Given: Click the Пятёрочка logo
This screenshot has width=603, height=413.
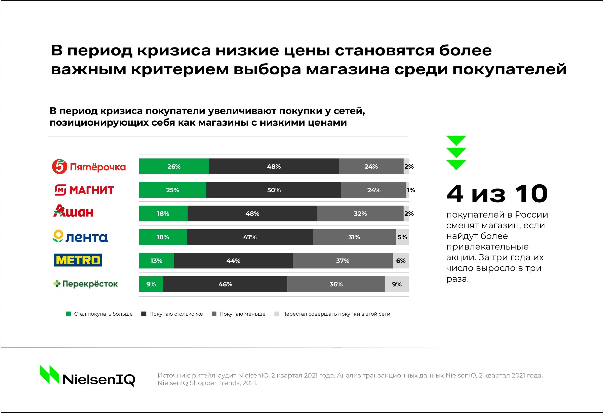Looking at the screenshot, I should (89, 167).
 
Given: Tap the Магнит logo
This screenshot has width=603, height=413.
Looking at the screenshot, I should (84, 190).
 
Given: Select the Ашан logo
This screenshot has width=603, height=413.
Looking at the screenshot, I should (73, 211).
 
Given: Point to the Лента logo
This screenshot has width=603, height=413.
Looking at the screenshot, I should (80, 236).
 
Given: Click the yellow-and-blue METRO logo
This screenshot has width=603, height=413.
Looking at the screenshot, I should (78, 260).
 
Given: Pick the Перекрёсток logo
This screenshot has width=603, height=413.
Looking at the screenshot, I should (85, 284).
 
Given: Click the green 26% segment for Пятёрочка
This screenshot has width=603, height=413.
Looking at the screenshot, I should (174, 167).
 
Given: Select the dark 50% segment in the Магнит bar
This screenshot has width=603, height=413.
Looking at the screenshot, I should (274, 190).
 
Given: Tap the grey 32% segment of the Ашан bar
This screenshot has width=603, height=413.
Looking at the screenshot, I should (360, 213).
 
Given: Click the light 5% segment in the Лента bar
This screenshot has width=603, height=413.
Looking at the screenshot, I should (402, 237).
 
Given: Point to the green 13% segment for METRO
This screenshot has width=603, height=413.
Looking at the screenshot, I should (156, 261).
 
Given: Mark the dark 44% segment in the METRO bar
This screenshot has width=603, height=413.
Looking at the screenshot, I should (233, 261).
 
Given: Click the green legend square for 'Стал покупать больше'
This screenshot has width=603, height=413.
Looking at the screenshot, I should (69, 314).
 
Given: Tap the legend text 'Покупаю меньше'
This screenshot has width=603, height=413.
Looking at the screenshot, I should (242, 314).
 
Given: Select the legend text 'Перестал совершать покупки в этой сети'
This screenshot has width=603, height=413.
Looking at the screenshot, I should (336, 314).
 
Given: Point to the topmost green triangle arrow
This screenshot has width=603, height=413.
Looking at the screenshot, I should (456, 140).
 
